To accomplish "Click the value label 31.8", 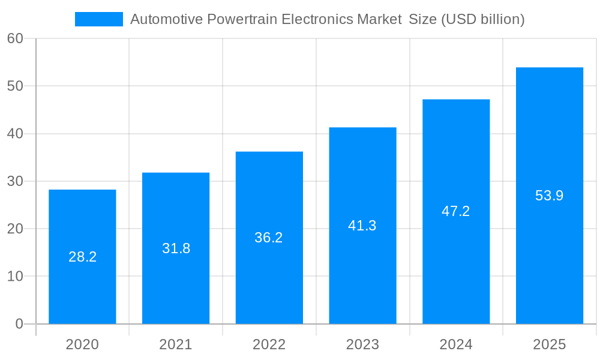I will click(x=176, y=248).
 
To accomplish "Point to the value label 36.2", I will click(x=269, y=238).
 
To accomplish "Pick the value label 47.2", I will click(x=455, y=211).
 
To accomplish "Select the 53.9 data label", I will click(x=549, y=196).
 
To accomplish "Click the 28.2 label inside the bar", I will click(x=82, y=257).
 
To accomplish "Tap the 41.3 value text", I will click(x=362, y=226).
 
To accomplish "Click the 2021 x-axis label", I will click(x=176, y=344).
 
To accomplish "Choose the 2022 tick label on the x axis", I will click(x=269, y=344).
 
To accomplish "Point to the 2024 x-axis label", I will click(x=455, y=344).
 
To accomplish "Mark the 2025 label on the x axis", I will click(x=549, y=344).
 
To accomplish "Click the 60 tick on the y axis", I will click(x=15, y=38).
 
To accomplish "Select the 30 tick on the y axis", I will click(x=15, y=181).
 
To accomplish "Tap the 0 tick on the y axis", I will click(x=19, y=324).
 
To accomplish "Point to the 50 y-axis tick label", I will click(x=15, y=86).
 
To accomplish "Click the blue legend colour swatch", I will click(x=98, y=19).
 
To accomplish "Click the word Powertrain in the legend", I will click(x=242, y=19).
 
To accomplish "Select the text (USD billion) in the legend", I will click(x=482, y=19).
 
